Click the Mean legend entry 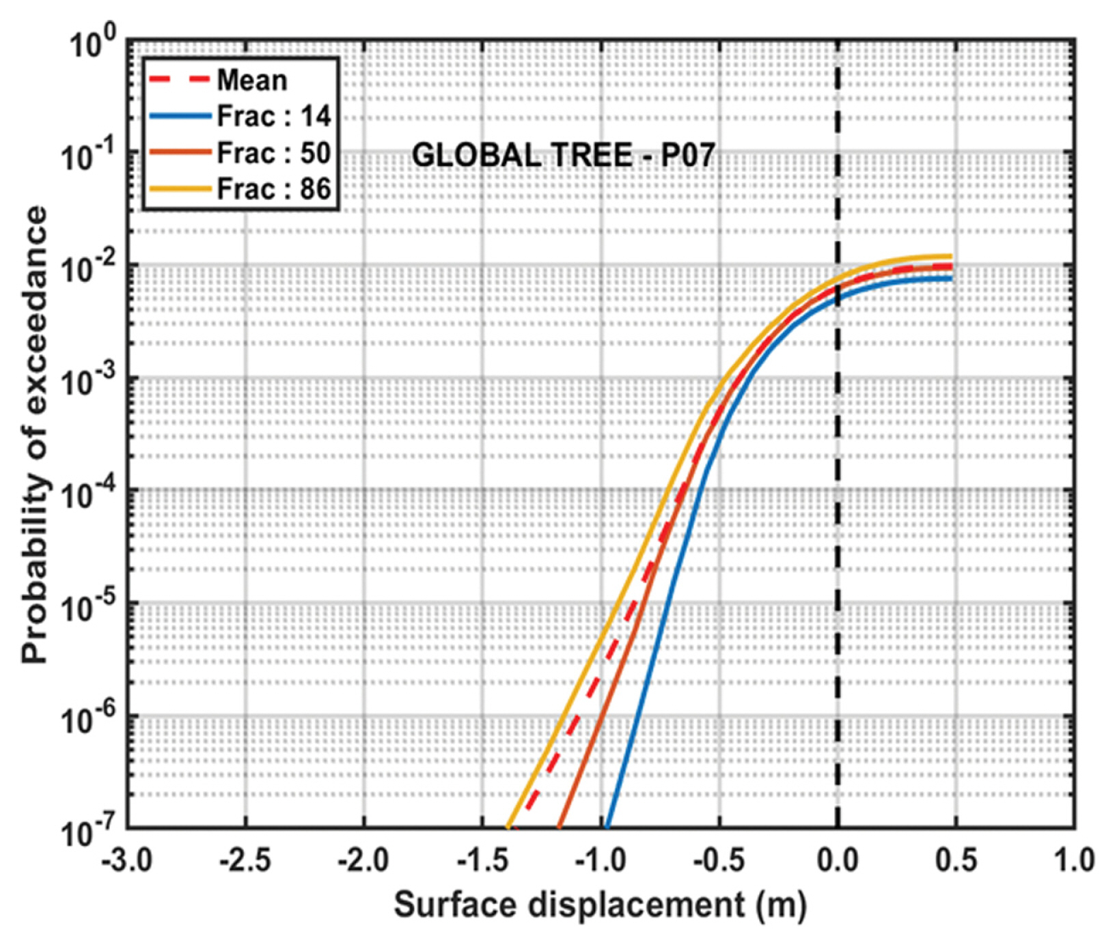(251, 81)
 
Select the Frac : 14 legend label (273, 117)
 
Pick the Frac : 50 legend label (273, 153)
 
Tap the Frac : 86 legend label (273, 189)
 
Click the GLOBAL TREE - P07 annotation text (563, 156)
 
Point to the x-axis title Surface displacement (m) (600, 905)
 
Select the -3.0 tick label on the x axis (127, 860)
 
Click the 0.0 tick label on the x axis (838, 860)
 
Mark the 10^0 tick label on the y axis (92, 45)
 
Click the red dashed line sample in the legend (179, 79)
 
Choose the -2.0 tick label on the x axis (364, 860)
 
